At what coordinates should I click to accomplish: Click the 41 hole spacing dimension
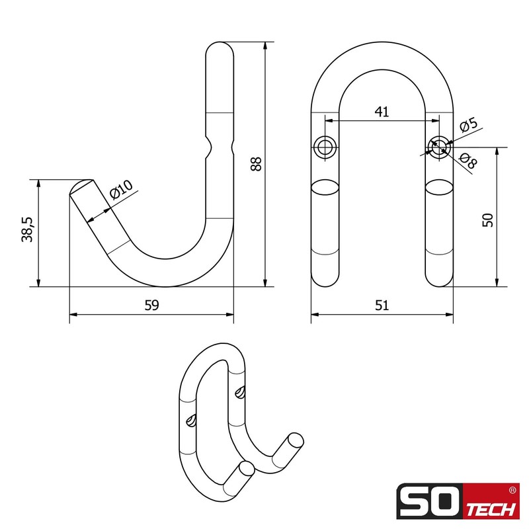(382, 112)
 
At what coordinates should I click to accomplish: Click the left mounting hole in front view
(325, 147)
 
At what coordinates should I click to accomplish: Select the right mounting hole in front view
(438, 146)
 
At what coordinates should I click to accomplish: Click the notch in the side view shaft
(220, 147)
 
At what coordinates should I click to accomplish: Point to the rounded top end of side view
(220, 50)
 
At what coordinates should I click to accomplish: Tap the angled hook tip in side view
(81, 188)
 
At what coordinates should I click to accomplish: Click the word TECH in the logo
(492, 511)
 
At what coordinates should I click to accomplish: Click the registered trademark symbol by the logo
(513, 491)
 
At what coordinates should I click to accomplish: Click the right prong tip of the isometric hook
(296, 440)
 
